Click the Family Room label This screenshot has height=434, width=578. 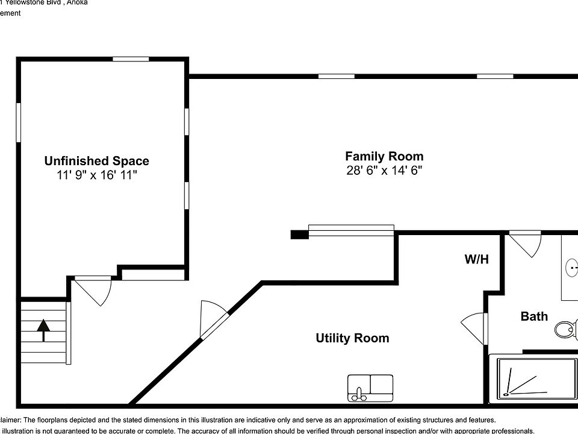tap(384, 156)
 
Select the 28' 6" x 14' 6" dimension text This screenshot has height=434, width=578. tap(384, 171)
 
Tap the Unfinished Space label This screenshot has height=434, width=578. tap(96, 161)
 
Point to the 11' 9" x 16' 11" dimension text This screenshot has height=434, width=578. tap(96, 175)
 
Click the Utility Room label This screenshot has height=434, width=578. tap(352, 338)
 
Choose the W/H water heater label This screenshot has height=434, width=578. tap(476, 260)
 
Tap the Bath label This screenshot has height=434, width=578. tap(534, 316)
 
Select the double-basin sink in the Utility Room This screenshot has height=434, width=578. tap(370, 387)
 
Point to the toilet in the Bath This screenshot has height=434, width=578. tap(565, 329)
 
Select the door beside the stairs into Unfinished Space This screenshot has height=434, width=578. tap(92, 289)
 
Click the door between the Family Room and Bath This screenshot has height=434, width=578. tap(525, 245)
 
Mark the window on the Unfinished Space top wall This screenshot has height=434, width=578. tap(131, 59)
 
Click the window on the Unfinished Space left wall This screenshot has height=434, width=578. tap(19, 122)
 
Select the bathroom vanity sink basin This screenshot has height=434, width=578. tap(573, 266)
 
